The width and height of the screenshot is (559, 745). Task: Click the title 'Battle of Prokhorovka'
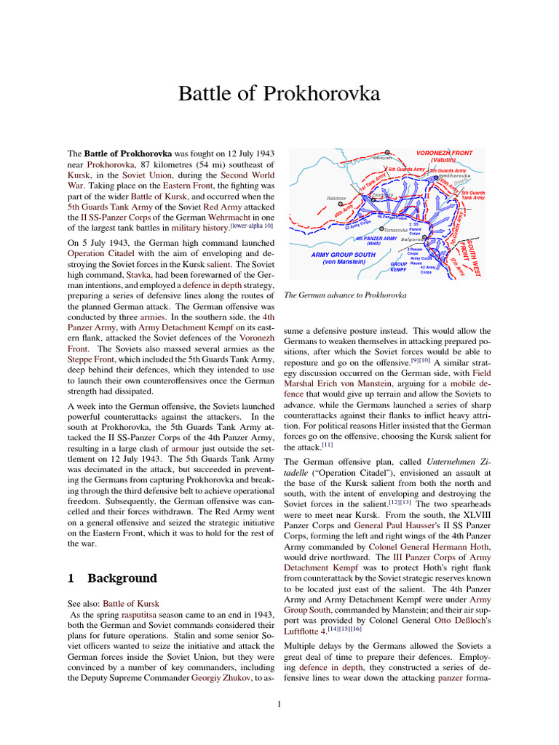(279, 95)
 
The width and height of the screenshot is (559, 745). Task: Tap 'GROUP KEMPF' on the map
(398, 266)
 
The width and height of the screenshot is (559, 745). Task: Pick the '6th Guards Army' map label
(406, 170)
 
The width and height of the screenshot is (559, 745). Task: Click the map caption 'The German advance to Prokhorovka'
(345, 295)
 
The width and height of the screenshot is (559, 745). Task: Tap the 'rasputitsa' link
(140, 615)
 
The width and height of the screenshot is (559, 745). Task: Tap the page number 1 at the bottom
(279, 704)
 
